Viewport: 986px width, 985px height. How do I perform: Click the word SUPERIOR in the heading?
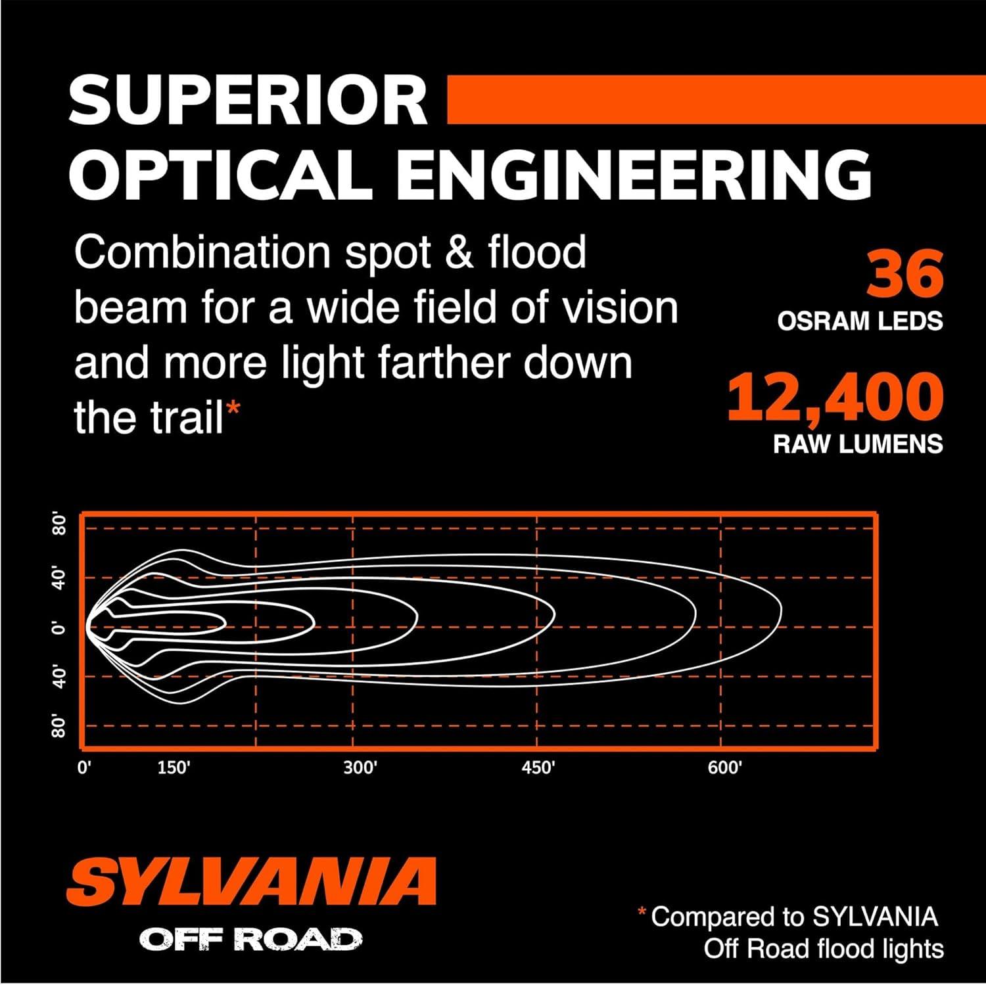coord(248,101)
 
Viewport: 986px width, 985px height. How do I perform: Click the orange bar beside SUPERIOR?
coord(716,99)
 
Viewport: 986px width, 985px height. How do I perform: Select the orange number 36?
coord(905,274)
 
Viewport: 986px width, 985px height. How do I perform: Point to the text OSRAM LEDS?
coord(860,321)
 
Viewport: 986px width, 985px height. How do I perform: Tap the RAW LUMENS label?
coord(858,444)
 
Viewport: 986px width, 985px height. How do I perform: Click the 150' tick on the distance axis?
coord(174,767)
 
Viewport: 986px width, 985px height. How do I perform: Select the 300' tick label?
coord(360,767)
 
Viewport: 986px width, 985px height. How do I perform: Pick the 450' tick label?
coord(538,767)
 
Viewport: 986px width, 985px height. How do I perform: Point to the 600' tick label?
coord(724,767)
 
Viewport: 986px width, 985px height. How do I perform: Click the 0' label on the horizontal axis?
coord(84,767)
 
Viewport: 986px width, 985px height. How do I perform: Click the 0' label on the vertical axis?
coord(60,628)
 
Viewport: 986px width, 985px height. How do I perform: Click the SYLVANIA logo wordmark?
coord(251,881)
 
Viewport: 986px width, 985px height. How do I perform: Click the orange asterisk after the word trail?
coord(233,409)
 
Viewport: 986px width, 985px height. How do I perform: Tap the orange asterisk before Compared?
coord(642,911)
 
